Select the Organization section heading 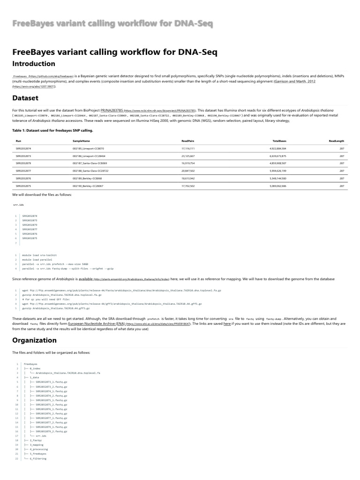click(x=34, y=340)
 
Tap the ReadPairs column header click(x=188, y=141)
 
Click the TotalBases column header click(x=279, y=141)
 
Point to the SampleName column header click(x=81, y=141)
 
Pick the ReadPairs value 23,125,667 click(x=187, y=156)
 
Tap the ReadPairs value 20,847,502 click(x=187, y=171)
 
